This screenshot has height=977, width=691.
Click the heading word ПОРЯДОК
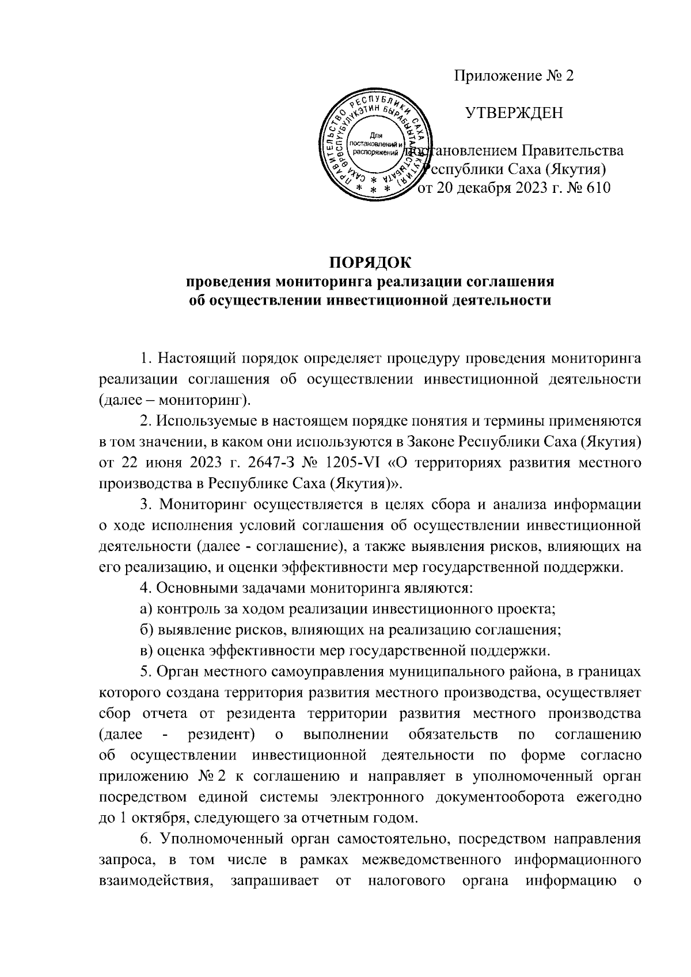coord(370,264)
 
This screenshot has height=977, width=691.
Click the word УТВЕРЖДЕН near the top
coord(514,113)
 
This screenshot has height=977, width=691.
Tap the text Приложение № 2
coord(514,77)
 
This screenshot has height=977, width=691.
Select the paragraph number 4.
coord(145,589)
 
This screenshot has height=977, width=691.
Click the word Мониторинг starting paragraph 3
coord(202,505)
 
